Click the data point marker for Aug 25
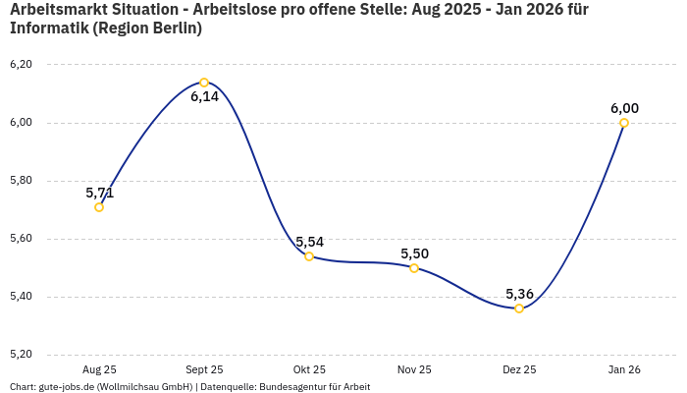[x=99, y=207]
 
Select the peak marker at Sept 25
[x=204, y=83]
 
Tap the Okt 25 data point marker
[x=309, y=256]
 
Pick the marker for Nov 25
[x=414, y=268]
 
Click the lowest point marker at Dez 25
[x=519, y=309]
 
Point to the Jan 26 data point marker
[x=624, y=123]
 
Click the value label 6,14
[x=204, y=97]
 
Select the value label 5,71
[x=99, y=193]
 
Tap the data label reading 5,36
[x=519, y=294]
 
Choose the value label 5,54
[x=309, y=242]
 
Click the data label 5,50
[x=414, y=253]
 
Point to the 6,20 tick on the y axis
[x=21, y=65]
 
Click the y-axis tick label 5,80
[x=21, y=181]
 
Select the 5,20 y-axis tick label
[x=21, y=355]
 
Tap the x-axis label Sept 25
[x=204, y=369]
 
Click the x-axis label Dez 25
[x=519, y=369]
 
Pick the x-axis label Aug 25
[x=99, y=369]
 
